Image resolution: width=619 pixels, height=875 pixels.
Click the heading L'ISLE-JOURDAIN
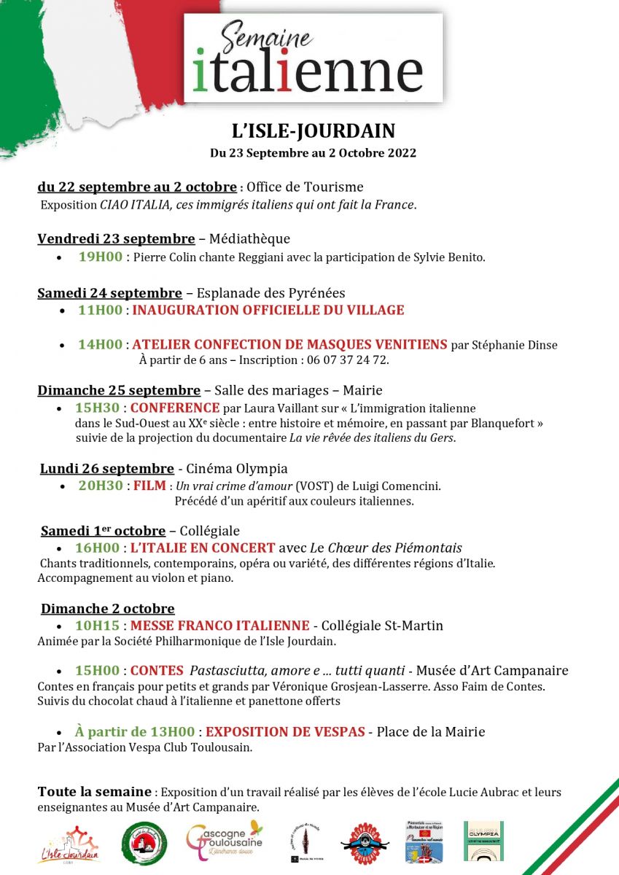313,131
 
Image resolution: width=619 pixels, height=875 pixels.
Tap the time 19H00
100,257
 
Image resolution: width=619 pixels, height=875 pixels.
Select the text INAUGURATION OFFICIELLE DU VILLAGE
268,310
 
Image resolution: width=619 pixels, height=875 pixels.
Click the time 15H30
98,408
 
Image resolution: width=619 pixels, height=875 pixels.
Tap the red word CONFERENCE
175,408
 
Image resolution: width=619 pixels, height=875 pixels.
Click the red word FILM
149,486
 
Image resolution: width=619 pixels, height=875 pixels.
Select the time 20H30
101,486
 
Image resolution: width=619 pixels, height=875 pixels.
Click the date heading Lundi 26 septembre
107,469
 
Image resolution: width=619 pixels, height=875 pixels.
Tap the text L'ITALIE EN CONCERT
203,548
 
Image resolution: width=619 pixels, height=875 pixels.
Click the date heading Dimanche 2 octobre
108,609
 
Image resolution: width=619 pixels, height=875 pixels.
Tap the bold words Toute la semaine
95,792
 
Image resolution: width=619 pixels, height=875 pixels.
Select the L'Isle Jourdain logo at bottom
69,844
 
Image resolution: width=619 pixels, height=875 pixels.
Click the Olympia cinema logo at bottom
485,840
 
